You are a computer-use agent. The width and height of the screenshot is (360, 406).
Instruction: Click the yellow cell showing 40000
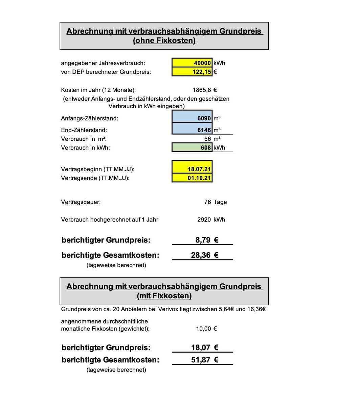pos(192,63)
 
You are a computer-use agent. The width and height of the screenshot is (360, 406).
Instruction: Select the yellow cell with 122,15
pos(192,72)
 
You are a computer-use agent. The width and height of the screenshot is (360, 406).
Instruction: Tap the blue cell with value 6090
pos(192,118)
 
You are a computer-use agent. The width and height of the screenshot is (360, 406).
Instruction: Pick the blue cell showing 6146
pos(192,130)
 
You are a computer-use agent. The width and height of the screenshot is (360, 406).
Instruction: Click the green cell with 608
pos(192,148)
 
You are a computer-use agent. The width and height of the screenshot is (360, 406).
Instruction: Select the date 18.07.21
pos(192,169)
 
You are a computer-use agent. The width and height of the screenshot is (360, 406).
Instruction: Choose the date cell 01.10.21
pos(192,178)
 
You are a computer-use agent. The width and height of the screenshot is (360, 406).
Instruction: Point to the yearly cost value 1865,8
pos(202,90)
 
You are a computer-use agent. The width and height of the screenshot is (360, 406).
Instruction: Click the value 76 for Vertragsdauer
pos(207,202)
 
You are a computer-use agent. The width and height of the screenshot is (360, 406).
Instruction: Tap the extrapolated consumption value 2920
pos(204,220)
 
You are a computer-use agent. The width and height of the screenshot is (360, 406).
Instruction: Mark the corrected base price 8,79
pos(203,240)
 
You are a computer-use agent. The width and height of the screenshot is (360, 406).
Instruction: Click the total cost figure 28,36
pos(201,255)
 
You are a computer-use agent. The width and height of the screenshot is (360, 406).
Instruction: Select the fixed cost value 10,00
pos(203,329)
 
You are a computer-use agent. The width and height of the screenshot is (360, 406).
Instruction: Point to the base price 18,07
pos(201,347)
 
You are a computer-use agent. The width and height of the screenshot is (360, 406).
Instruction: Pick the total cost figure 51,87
pos(201,360)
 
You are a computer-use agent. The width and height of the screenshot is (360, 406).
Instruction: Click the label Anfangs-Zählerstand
pos(90,118)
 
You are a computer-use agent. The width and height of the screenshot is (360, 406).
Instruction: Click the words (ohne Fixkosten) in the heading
pos(164,41)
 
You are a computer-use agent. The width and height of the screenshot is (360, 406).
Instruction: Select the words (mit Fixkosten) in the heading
pos(164,296)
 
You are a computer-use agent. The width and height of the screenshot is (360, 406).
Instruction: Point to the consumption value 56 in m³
pos(207,139)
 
